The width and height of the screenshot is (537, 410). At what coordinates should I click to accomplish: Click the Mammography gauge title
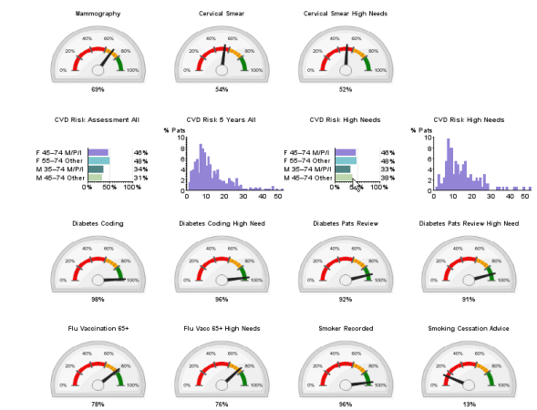click(98, 14)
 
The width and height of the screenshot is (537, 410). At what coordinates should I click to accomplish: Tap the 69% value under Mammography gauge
click(98, 89)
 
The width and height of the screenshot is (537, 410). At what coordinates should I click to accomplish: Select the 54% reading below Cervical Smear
click(221, 89)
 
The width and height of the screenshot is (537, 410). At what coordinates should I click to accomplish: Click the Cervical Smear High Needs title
click(346, 14)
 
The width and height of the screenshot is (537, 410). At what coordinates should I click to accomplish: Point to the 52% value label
click(346, 89)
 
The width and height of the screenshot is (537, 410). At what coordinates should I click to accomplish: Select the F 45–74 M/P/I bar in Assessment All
click(98, 153)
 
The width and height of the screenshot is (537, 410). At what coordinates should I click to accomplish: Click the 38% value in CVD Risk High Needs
click(387, 178)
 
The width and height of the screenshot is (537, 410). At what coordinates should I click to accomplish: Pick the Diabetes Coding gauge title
click(98, 223)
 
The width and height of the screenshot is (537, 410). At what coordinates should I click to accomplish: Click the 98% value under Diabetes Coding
click(98, 299)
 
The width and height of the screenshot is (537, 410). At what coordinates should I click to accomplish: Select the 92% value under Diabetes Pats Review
click(346, 299)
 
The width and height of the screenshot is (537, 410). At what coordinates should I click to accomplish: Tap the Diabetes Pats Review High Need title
click(469, 223)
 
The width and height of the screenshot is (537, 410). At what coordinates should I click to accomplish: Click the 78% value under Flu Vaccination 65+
click(98, 404)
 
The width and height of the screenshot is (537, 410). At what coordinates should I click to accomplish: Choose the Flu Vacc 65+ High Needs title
click(221, 328)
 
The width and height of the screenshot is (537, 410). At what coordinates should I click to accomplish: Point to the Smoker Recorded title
click(346, 328)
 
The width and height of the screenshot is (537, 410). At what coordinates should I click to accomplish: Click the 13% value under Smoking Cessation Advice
click(469, 404)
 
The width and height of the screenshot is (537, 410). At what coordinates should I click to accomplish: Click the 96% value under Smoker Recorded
click(346, 404)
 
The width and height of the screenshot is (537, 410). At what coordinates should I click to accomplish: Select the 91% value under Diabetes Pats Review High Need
click(469, 299)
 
